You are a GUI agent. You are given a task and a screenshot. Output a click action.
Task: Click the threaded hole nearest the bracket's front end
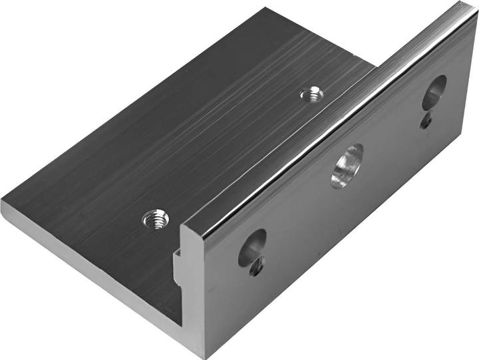pos(156,218)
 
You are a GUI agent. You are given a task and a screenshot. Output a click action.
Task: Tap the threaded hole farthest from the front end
pos(311,94)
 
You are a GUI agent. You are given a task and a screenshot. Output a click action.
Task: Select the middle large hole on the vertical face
pos(347,165)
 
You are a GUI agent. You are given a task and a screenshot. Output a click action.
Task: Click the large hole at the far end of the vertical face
pos(434,92)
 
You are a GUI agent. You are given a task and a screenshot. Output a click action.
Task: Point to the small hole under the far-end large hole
pos(426,122)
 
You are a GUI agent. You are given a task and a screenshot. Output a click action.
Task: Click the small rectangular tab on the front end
pos(178,266)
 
